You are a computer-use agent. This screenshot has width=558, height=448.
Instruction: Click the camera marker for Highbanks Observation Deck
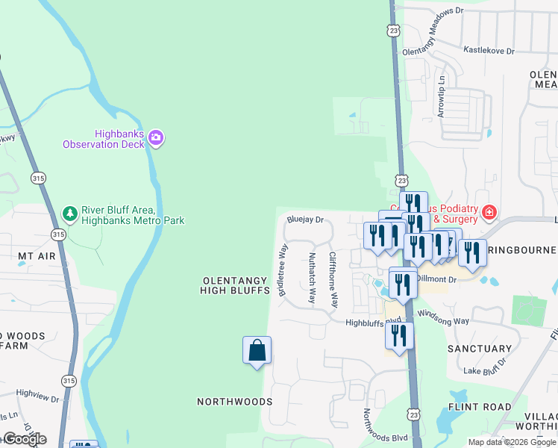coord(156,137)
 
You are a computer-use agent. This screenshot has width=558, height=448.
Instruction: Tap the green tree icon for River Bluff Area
coord(70,214)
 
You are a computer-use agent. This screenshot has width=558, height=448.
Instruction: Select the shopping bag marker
coord(257,350)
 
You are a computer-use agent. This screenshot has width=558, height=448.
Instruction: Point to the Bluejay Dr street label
coord(306,220)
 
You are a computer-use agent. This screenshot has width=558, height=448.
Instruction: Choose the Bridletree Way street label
coord(283,270)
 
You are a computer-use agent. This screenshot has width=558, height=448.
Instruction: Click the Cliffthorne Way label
coord(333,280)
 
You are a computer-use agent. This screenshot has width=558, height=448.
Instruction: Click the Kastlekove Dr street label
coord(489,51)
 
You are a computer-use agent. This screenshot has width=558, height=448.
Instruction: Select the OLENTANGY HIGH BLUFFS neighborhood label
coord(234,286)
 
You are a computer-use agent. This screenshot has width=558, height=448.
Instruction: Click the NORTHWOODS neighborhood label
coord(234,402)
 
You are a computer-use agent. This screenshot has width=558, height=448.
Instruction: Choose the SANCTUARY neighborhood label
coord(479,349)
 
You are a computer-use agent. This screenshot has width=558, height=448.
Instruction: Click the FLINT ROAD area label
coord(479,408)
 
